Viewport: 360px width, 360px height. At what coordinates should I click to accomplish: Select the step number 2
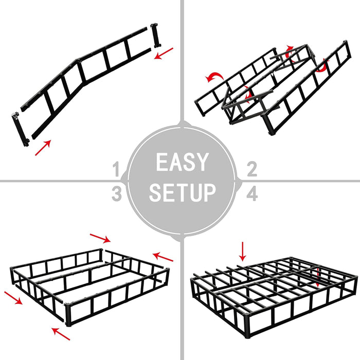252,169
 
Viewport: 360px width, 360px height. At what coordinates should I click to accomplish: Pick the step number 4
252,194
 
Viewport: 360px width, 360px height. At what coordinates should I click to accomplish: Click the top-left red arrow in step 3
100,238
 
